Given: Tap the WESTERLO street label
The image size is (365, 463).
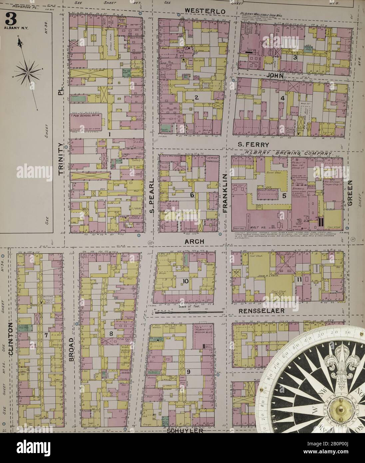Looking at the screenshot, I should coord(205,11).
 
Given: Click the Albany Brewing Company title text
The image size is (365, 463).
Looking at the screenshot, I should coord(289,153).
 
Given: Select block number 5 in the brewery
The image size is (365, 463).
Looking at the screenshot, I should coord(284,196).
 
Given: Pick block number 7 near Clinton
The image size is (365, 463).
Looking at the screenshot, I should coord(46,335).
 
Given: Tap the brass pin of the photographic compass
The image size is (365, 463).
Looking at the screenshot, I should coord(341,410).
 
